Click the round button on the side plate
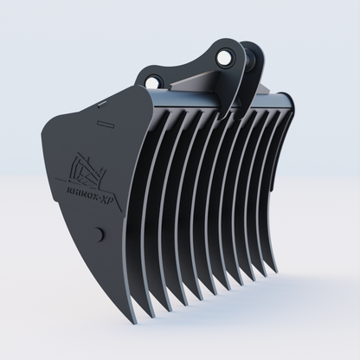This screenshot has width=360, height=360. coord(99,233)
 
